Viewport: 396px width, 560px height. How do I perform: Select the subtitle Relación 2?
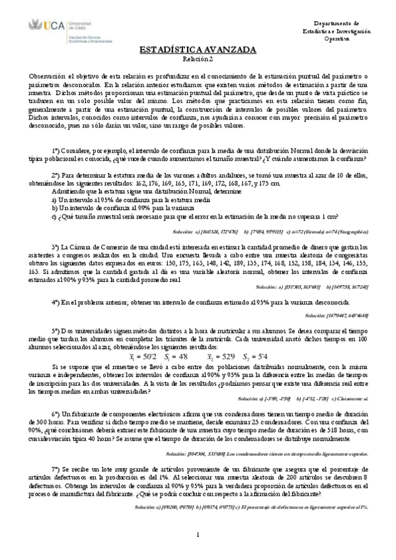tap(198, 59)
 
